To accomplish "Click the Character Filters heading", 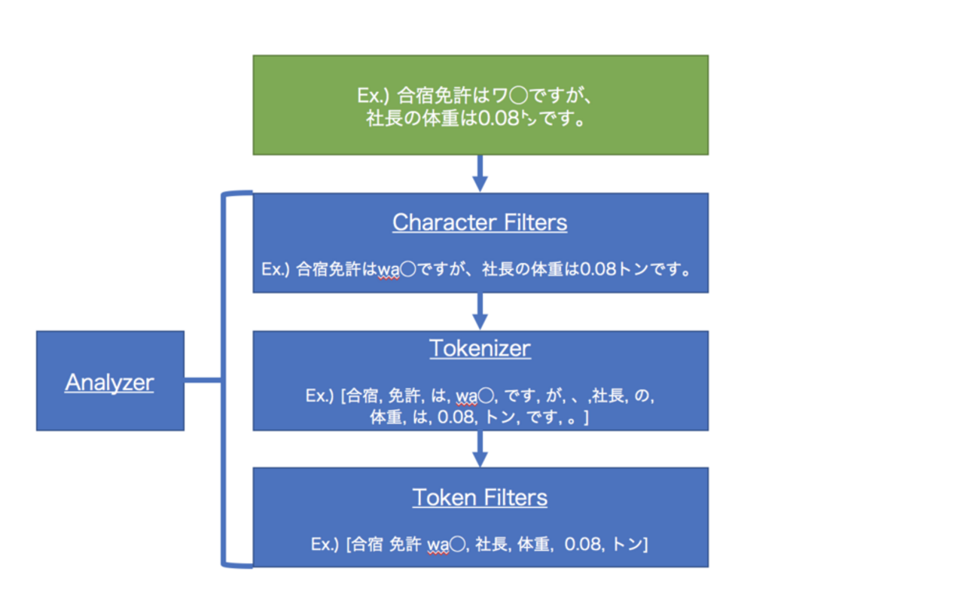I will [x=480, y=222].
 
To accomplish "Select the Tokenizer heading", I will [x=480, y=348].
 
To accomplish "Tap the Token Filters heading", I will [x=480, y=497].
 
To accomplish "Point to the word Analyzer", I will [x=109, y=382].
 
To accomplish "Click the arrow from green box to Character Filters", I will [x=480, y=175].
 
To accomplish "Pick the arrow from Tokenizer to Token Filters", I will [x=480, y=450].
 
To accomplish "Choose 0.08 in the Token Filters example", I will [x=582, y=543].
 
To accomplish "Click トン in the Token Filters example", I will [x=627, y=543].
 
